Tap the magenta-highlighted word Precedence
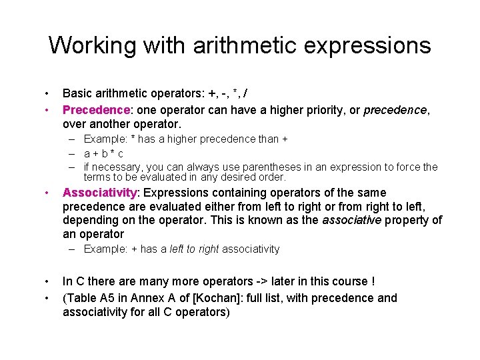96,109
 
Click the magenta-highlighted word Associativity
99,193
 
